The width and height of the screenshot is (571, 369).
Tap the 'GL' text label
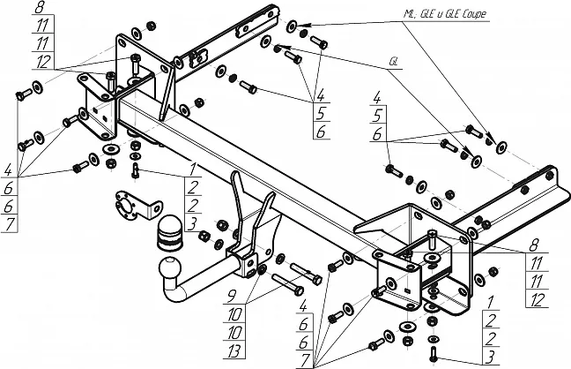tap(391, 63)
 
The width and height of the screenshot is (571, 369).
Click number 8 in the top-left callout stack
tap(41, 10)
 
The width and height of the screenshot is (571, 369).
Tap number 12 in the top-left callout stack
tap(41, 61)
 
